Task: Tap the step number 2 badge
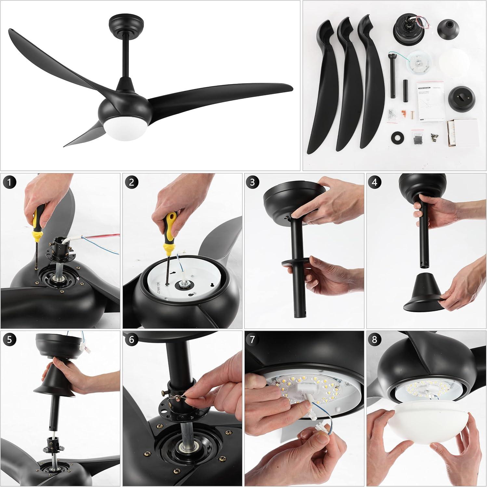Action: point(131,182)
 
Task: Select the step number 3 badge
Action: point(253,182)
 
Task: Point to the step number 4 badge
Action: point(375,182)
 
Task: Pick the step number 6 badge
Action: point(131,340)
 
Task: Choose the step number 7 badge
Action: point(253,340)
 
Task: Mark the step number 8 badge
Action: point(375,340)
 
